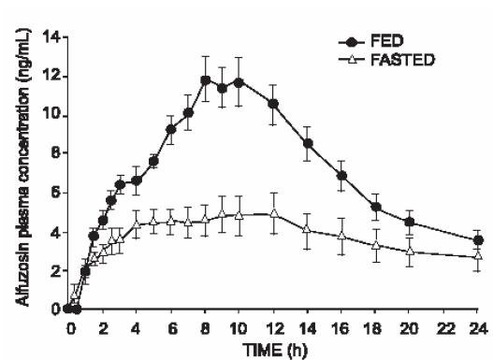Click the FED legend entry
[371, 42]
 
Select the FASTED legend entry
[386, 59]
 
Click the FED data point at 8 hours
[205, 80]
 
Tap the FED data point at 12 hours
[273, 104]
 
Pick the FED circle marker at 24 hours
[478, 240]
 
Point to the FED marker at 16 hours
[341, 176]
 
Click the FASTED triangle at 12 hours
[274, 213]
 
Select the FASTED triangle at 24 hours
[478, 255]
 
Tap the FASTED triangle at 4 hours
[137, 224]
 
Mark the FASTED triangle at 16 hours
[341, 236]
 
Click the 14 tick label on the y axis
[52, 37]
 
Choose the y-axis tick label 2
[56, 271]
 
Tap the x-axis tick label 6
[172, 329]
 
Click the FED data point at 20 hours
[410, 223]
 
